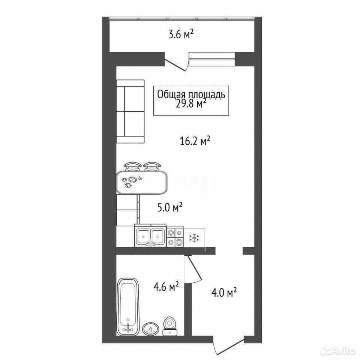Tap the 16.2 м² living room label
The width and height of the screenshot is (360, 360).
(195, 141)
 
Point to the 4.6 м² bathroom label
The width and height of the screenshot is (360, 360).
(166, 287)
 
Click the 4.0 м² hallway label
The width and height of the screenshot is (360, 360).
(224, 293)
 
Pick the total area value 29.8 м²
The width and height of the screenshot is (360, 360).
(191, 104)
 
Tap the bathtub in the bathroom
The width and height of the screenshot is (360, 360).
(128, 307)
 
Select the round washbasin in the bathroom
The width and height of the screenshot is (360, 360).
(151, 329)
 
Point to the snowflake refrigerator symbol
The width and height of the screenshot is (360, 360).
(194, 238)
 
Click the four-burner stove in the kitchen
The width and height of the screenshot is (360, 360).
(175, 237)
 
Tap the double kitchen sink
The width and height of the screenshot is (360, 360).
(150, 235)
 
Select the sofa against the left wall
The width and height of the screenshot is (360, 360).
(130, 111)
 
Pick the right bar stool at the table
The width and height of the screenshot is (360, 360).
(151, 166)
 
